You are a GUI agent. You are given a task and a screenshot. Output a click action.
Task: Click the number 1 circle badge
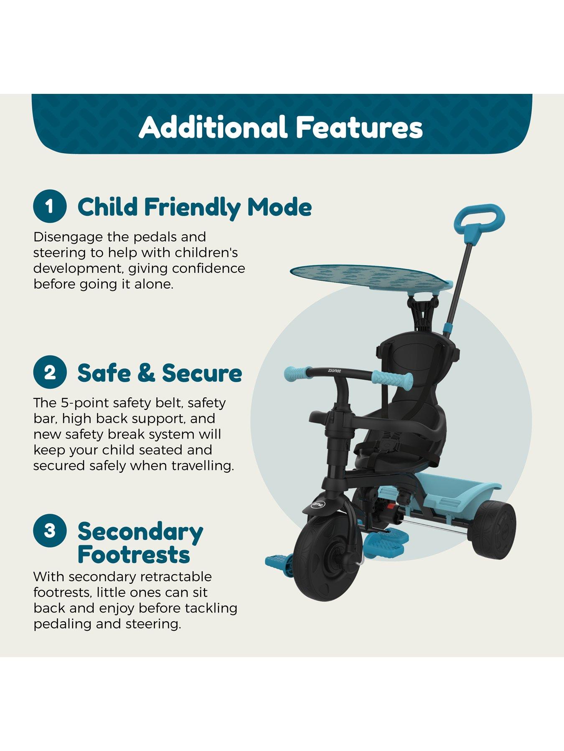point(50,207)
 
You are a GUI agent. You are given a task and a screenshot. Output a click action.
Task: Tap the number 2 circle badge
point(50,372)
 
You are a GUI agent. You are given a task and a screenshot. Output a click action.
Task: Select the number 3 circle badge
point(50,530)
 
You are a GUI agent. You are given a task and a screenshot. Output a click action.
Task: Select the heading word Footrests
point(134,554)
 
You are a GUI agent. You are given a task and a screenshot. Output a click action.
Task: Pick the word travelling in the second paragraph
point(203,466)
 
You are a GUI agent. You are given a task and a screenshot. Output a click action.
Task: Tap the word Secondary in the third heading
point(140,532)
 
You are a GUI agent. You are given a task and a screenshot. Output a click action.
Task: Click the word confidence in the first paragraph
point(208,268)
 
